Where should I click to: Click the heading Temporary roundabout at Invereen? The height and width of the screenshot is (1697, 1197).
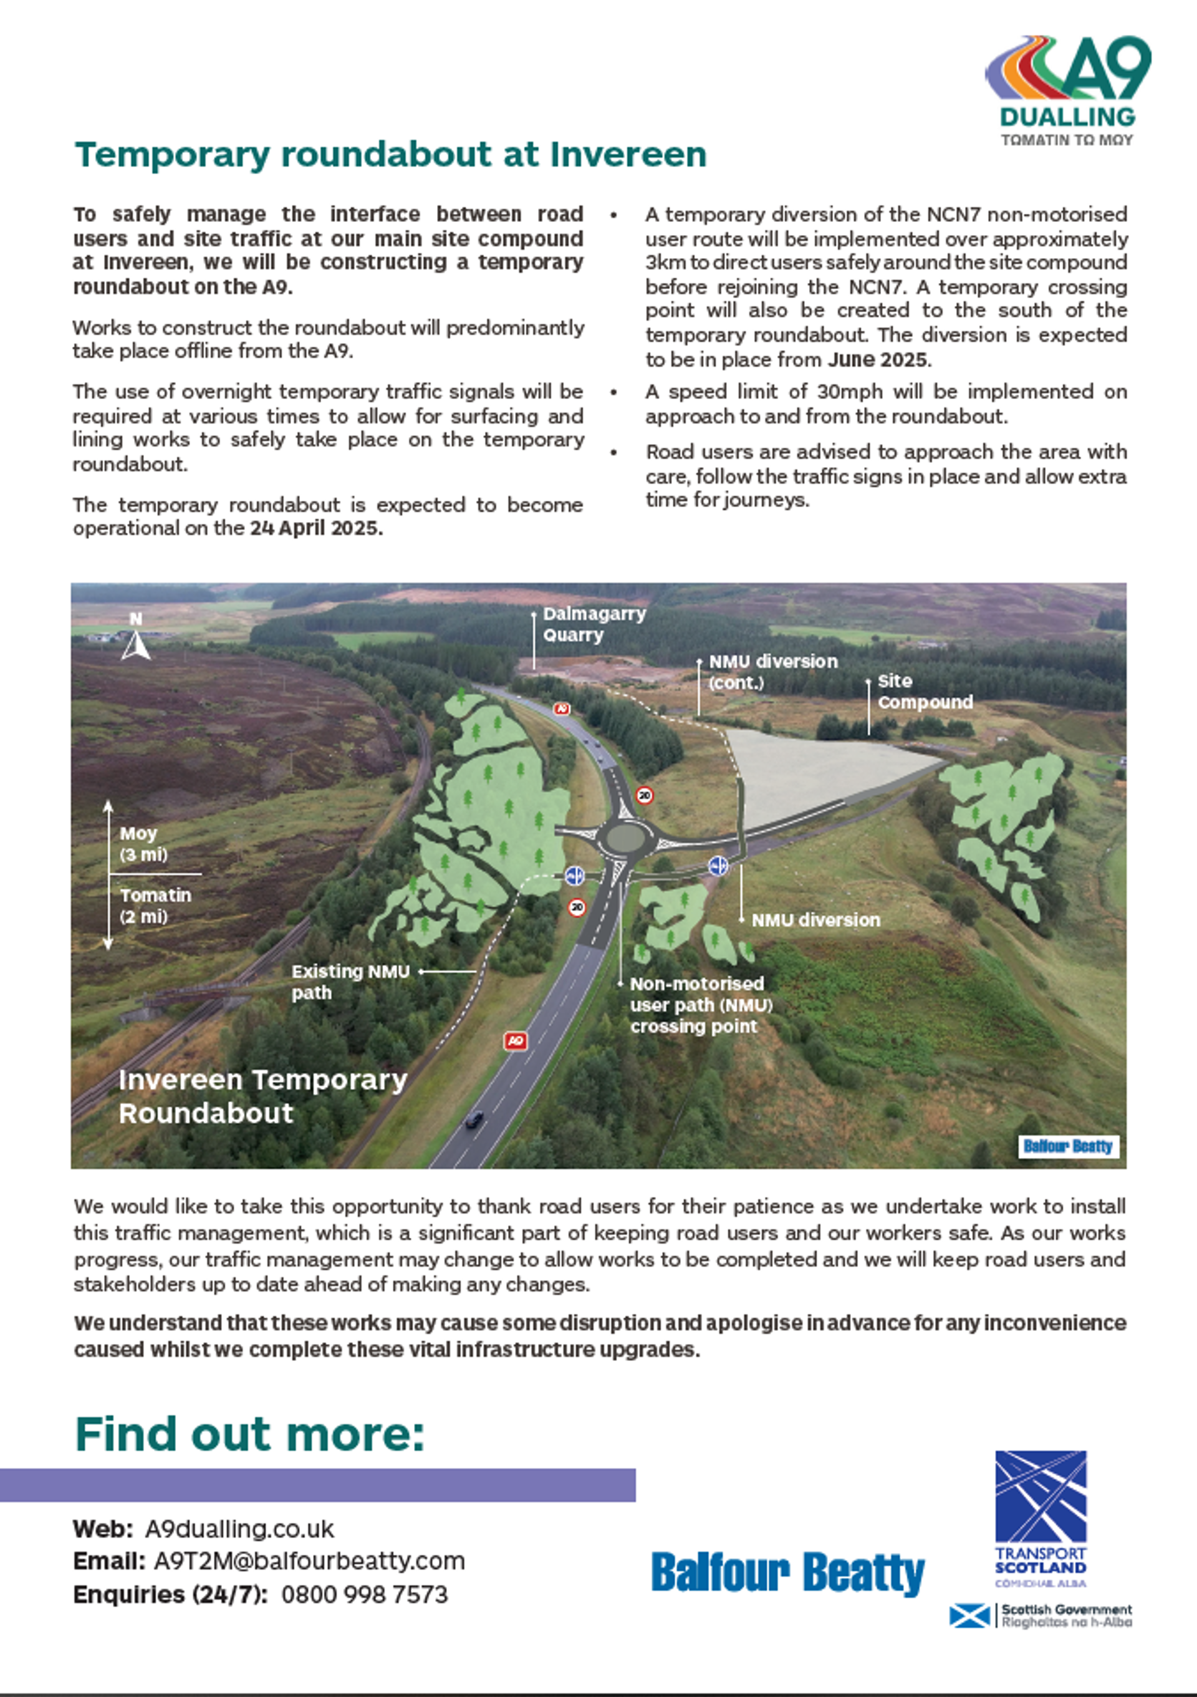click(390, 155)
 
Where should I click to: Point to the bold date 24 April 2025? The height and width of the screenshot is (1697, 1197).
click(316, 528)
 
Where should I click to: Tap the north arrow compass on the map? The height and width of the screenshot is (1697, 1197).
click(136, 638)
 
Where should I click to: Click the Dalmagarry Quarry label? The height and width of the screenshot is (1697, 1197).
click(594, 624)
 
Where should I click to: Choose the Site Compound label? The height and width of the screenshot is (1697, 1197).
click(925, 692)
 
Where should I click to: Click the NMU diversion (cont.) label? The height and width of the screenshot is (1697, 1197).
click(772, 672)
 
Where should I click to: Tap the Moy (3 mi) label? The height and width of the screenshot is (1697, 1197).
click(144, 844)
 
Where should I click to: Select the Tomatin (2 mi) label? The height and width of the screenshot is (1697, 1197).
click(155, 906)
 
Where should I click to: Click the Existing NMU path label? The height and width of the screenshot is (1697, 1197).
click(350, 982)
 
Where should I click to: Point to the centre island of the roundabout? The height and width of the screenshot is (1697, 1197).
click(626, 838)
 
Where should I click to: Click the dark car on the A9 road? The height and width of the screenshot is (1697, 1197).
click(474, 1119)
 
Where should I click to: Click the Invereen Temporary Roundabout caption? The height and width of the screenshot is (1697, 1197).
click(262, 1096)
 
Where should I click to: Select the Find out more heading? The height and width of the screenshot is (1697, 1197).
click(250, 1435)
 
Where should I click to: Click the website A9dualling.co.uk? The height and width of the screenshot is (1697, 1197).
click(239, 1529)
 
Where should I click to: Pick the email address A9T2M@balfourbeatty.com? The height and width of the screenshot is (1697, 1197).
click(309, 1561)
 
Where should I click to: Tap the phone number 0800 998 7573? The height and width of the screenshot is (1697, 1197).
click(364, 1594)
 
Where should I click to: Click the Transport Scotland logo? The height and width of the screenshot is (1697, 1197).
click(1040, 1519)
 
